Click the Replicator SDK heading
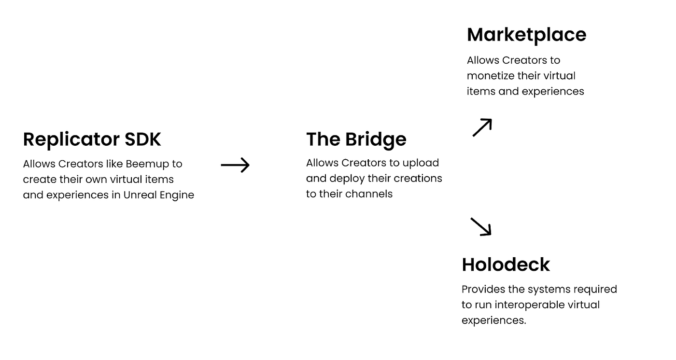[x=92, y=139]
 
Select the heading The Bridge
[x=356, y=139]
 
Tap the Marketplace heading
[x=526, y=35]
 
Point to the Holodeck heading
[x=506, y=264]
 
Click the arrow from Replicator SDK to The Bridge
[x=235, y=165]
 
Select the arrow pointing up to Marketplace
[x=482, y=127]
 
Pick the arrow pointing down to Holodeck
[x=481, y=226]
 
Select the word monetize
[x=489, y=76]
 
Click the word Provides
[x=482, y=290]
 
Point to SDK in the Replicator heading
[x=143, y=139]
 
